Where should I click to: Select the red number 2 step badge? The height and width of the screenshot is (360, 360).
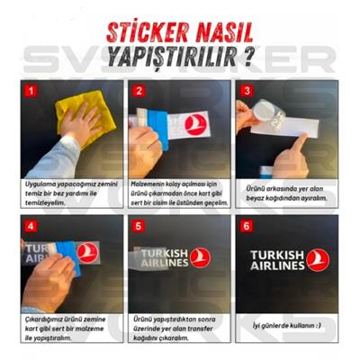tap(139, 90)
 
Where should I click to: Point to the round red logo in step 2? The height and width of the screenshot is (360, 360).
tap(197, 123)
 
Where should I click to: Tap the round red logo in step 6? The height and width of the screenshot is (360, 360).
tap(317, 259)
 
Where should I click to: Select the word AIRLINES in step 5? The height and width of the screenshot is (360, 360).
tap(164, 264)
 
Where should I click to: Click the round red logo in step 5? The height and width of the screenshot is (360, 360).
tap(202, 257)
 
